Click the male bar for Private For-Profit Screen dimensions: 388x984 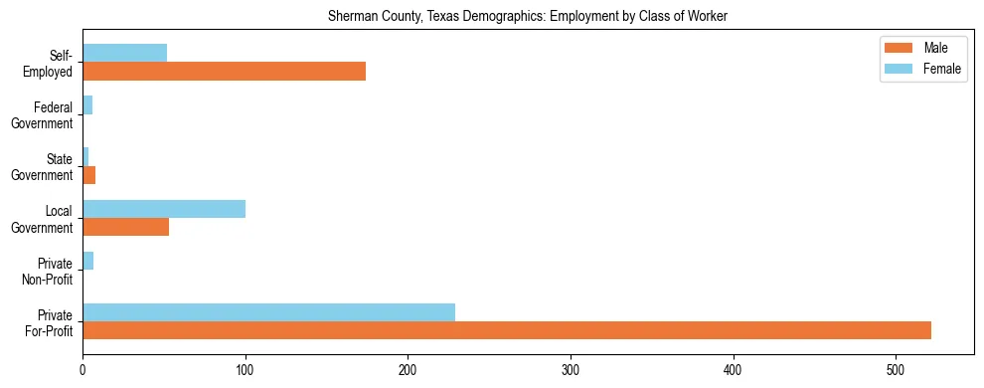[x=507, y=330]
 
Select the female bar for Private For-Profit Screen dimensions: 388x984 [x=268, y=312]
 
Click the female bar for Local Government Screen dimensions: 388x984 [x=164, y=209]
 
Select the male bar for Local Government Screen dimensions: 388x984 [x=125, y=227]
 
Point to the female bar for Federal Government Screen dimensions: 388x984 [x=87, y=105]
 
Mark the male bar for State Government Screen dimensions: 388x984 [x=88, y=175]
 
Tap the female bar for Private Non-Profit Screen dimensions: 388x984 [x=87, y=261]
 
